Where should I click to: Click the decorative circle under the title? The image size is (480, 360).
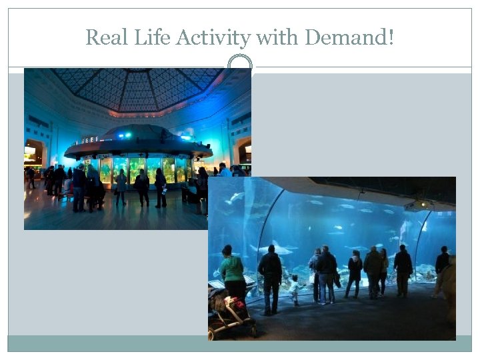[x=240, y=63]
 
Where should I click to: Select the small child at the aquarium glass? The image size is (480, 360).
[x=294, y=289]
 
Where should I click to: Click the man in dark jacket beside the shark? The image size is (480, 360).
[x=271, y=277]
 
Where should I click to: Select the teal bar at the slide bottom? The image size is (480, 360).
[x=240, y=343]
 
